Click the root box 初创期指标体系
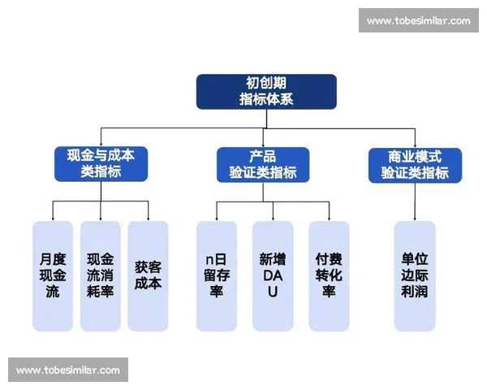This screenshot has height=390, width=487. tap(266, 91)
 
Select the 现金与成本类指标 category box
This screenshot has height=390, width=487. tap(101, 164)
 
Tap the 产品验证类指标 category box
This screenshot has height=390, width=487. tap(262, 164)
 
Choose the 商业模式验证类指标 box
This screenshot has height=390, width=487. tap(415, 164)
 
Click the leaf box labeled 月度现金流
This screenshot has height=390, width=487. tap(53, 275)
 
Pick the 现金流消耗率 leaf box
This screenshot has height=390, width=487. tap(101, 275)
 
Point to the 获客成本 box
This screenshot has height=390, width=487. tap(149, 275)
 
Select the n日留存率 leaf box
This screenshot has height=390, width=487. tap(217, 275)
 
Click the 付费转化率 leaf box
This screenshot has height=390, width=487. tap(329, 275)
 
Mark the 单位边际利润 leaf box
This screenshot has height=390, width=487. tap(415, 275)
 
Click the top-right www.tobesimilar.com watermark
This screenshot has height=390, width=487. tap(418, 20)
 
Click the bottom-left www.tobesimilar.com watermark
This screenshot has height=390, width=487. tap(68, 370)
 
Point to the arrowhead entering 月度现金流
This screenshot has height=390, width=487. tap(53, 219)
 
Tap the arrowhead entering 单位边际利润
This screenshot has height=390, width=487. tap(415, 219)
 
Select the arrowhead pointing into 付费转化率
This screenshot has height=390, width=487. tap(329, 219)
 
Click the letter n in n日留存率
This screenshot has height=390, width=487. tap(209, 259)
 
